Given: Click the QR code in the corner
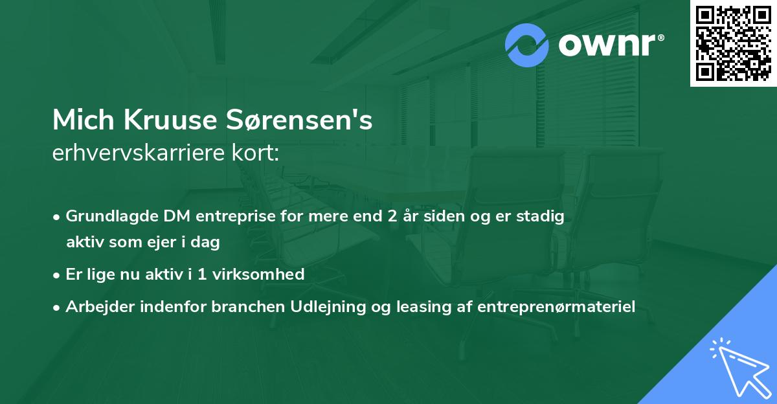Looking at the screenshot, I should click(x=734, y=43).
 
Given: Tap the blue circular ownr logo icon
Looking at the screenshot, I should click(x=527, y=45).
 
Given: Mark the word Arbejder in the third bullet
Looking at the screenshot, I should click(x=96, y=307).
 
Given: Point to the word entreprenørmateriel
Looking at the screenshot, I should click(x=556, y=307).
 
